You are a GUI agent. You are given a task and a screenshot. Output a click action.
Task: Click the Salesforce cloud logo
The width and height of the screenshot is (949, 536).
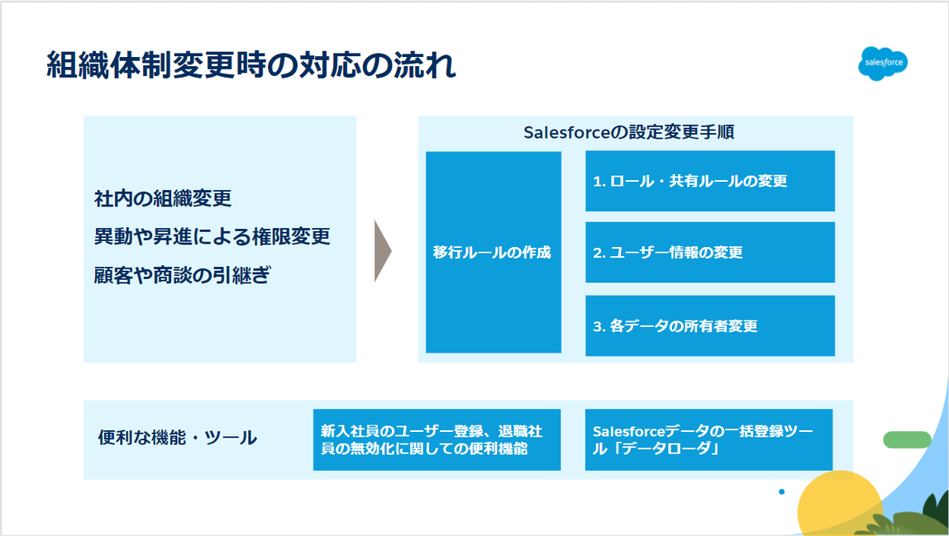[x=883, y=64]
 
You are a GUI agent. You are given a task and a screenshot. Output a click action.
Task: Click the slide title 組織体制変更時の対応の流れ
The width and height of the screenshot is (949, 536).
[x=250, y=67]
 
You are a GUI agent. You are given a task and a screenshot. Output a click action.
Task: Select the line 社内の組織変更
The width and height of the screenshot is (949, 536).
[x=163, y=199]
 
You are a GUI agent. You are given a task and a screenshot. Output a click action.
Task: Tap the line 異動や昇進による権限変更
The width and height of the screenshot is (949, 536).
[x=212, y=237]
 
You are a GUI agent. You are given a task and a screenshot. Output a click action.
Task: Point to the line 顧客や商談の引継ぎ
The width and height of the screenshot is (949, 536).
[x=183, y=276]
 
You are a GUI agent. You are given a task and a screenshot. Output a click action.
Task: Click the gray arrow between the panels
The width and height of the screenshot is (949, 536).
[x=382, y=251]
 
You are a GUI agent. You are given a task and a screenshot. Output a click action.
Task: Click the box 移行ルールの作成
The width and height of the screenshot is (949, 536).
[x=493, y=252]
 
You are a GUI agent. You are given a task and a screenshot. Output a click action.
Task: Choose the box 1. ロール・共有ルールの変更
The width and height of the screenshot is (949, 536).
[x=710, y=181]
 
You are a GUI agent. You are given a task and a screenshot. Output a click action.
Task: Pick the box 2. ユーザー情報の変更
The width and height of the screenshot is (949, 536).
[x=710, y=253]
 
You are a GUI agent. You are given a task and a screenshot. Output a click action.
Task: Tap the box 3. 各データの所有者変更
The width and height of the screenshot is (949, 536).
[x=710, y=325]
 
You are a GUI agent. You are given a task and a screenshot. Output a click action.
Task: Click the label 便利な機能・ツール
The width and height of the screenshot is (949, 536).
[x=178, y=438]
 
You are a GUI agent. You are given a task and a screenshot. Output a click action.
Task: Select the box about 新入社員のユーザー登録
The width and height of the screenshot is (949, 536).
[x=436, y=440]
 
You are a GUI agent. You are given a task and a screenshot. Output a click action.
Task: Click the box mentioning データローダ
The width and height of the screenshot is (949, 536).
[x=708, y=440]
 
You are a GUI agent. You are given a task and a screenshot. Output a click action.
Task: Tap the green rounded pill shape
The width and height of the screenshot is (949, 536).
[x=907, y=439]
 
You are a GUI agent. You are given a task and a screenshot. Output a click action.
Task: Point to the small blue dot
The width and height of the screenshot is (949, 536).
[x=781, y=492]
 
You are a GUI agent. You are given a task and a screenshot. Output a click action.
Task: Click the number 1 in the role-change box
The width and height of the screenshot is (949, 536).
[x=597, y=182]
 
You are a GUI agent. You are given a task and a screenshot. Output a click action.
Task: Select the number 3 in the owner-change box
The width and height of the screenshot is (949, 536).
[x=597, y=326]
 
